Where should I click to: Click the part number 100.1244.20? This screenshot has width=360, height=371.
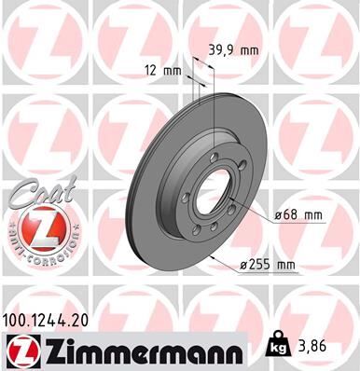(x=52, y=321)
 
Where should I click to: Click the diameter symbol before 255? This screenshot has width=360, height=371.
(x=245, y=265)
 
